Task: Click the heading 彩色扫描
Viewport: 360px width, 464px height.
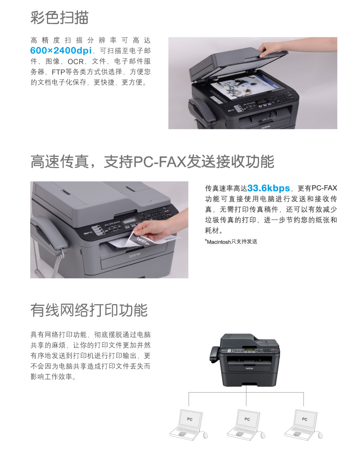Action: [59, 18]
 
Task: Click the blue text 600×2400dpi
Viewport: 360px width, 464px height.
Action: [61, 50]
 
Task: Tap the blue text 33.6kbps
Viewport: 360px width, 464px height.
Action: [268, 188]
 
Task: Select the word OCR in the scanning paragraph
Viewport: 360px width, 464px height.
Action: [75, 61]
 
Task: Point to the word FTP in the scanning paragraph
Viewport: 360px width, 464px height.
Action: [58, 72]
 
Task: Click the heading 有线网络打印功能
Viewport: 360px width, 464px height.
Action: [89, 310]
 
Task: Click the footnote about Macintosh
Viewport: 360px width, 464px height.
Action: [231, 242]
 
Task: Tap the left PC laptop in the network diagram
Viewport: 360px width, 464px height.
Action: [186, 424]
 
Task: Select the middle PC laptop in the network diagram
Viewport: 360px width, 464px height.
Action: [244, 424]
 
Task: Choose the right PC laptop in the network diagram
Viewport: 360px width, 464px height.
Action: [301, 424]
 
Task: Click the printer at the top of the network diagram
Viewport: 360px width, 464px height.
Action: [245, 360]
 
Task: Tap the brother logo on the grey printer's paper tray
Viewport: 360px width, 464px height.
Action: [135, 255]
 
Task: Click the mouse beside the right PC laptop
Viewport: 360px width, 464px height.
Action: [320, 435]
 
